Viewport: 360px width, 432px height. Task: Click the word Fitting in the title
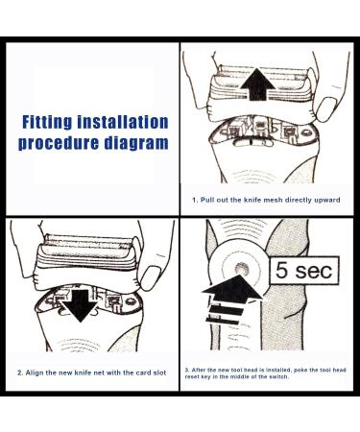[47, 122]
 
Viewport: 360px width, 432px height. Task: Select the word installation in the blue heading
[123, 122]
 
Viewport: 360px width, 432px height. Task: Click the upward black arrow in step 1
[257, 84]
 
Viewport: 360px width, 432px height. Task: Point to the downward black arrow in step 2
[80, 305]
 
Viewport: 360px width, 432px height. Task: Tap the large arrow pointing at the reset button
[231, 299]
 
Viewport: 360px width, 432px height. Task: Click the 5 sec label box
[303, 271]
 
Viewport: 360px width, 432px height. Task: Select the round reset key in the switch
[242, 268]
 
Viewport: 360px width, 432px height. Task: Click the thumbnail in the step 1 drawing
[325, 108]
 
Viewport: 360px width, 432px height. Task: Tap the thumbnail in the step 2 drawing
[151, 277]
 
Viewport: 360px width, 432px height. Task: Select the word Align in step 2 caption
[33, 372]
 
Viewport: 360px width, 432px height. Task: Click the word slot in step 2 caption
[159, 372]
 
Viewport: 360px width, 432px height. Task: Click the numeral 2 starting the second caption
[19, 373]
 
